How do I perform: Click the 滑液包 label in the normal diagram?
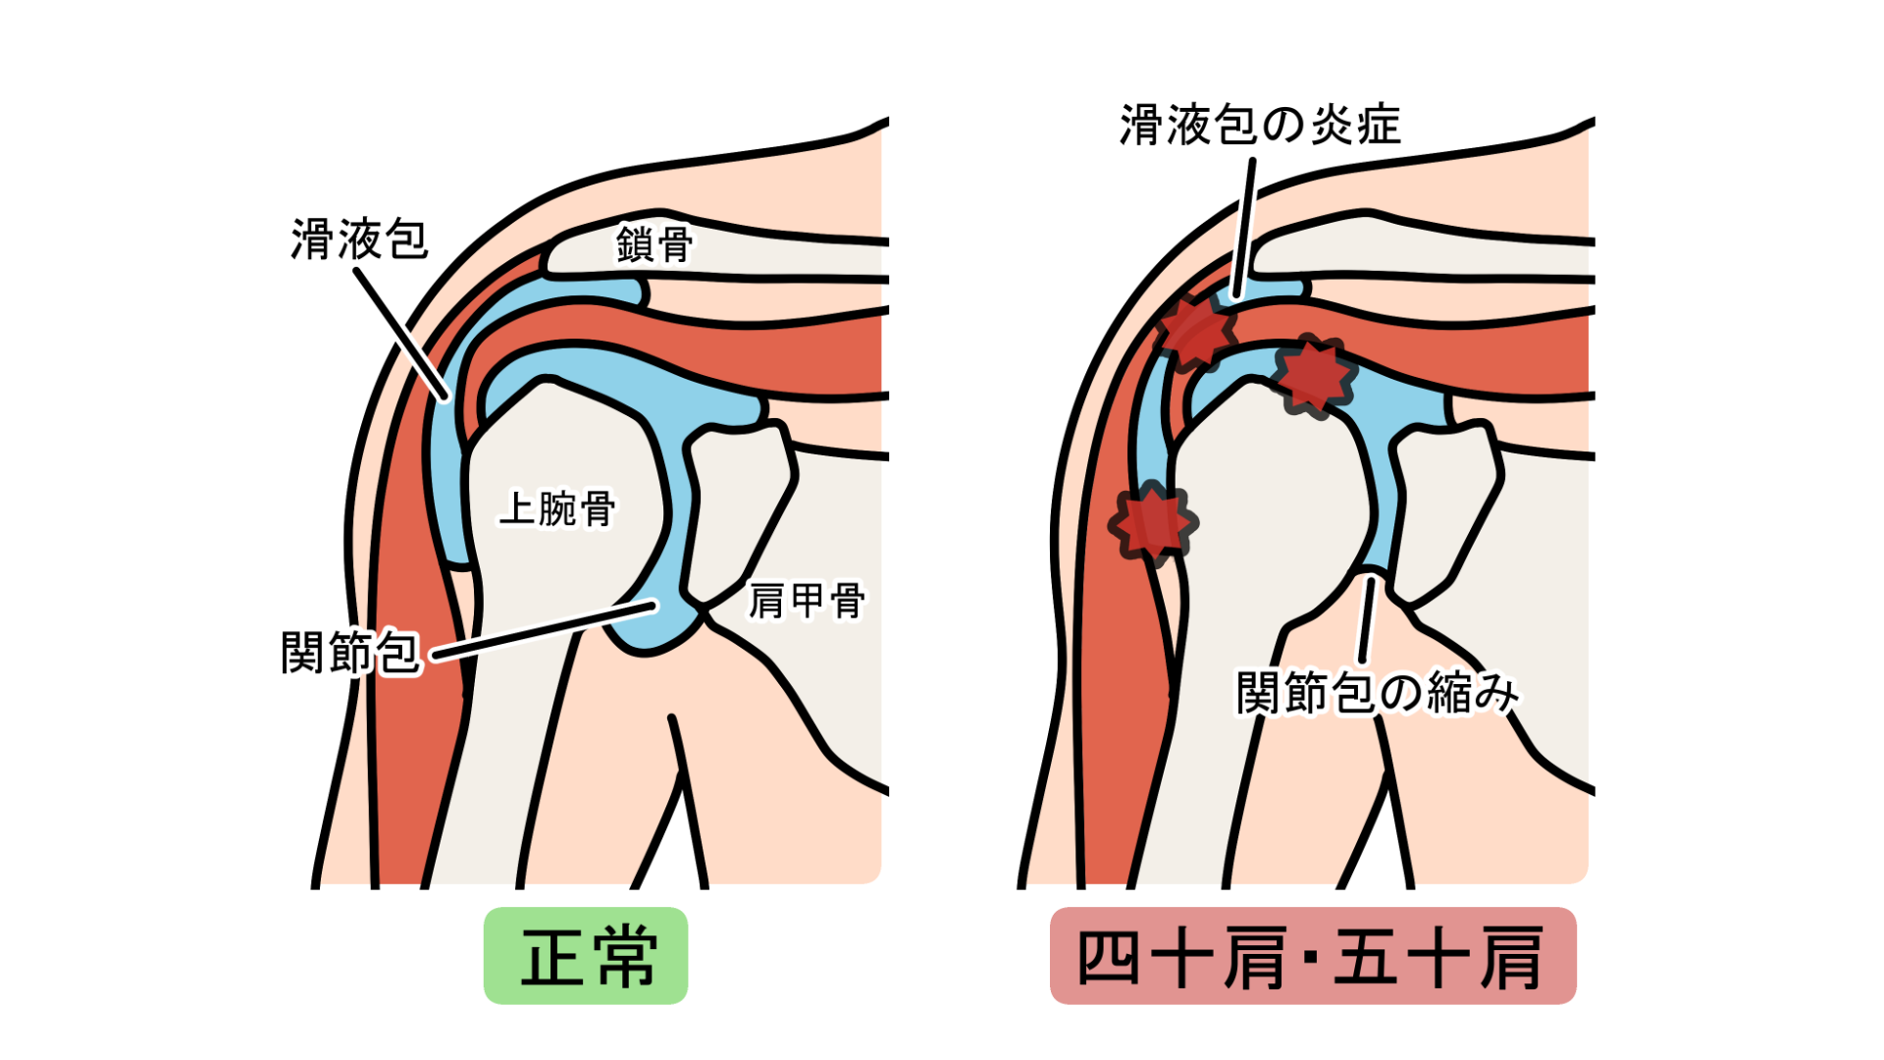(x=359, y=239)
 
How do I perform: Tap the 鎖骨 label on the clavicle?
(x=654, y=244)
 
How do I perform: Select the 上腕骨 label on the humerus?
(x=557, y=508)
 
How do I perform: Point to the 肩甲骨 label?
(x=807, y=601)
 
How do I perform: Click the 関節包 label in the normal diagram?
(x=351, y=653)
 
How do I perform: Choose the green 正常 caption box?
(x=586, y=956)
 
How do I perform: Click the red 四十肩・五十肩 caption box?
(x=1313, y=956)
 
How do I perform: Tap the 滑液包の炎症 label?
(x=1260, y=126)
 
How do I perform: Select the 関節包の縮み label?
(x=1378, y=693)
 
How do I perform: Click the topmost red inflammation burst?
(x=1194, y=332)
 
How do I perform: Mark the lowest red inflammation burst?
(x=1153, y=523)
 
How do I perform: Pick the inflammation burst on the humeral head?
(x=1313, y=376)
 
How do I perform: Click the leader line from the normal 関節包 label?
(x=544, y=630)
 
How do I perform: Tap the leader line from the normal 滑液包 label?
(x=401, y=335)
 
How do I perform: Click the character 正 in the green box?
(x=551, y=957)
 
